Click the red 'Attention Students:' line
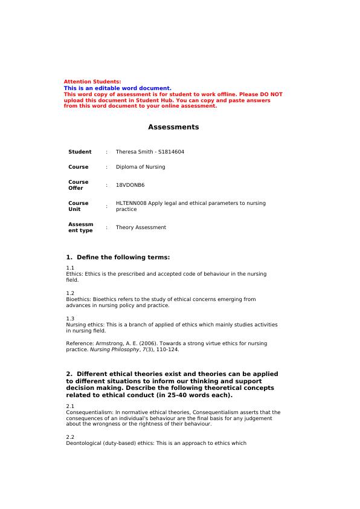tap(92, 82)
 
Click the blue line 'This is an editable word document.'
tap(117, 88)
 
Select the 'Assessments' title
tap(173, 127)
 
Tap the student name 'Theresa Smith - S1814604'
tap(150, 152)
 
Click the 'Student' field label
tap(80, 152)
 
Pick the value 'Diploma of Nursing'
tap(140, 167)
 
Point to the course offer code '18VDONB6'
tap(130, 185)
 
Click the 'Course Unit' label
tap(78, 206)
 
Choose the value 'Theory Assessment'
tap(141, 227)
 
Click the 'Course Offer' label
tap(78, 185)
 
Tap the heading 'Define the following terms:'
tap(123, 257)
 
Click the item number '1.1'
tap(70, 267)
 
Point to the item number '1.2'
tap(70, 293)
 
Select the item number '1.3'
tap(70, 318)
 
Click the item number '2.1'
tap(70, 406)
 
